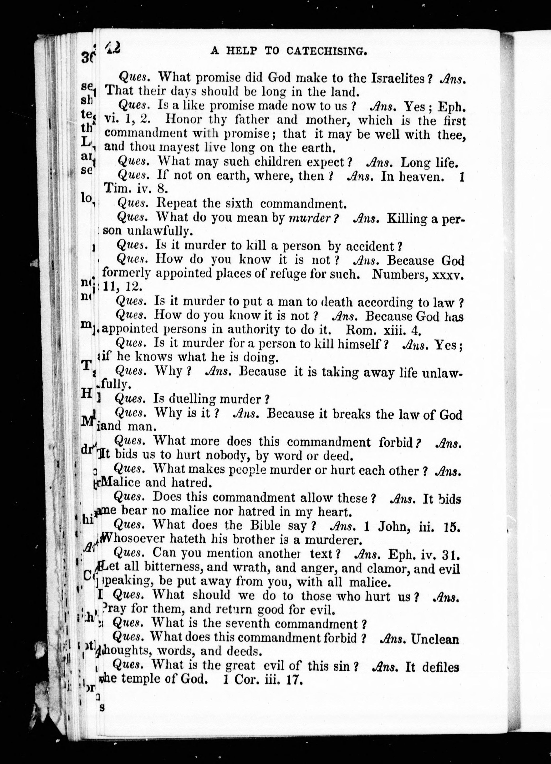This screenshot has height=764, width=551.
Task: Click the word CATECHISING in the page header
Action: (327, 51)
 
